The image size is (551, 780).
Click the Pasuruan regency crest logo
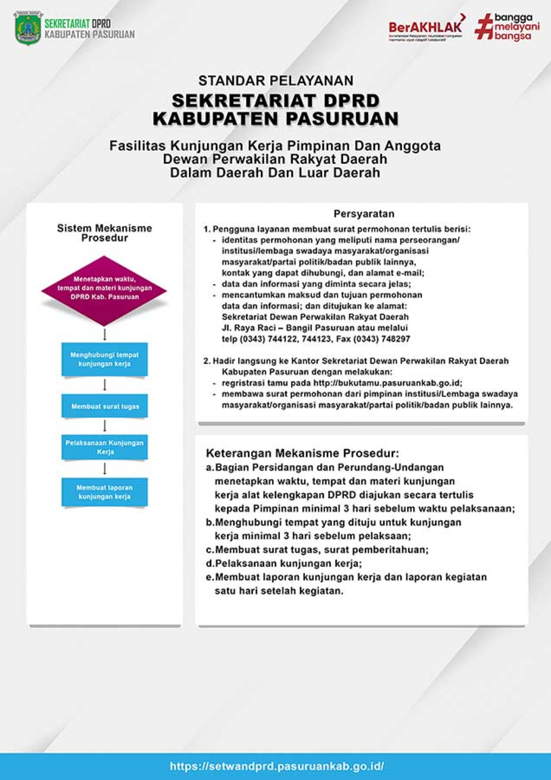point(28,29)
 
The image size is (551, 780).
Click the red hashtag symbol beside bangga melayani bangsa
point(484,26)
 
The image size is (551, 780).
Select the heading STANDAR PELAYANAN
point(276,80)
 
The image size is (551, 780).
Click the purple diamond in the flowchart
point(104,290)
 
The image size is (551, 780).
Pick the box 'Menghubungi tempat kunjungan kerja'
point(104,359)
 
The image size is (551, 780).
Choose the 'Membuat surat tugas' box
point(104,406)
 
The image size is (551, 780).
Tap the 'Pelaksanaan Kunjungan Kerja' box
point(104,447)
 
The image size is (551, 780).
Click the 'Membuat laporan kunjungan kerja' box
point(104,492)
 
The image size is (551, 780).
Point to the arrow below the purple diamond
point(105,334)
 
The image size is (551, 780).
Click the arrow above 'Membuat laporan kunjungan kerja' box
point(105,468)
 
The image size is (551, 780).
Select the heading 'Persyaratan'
point(364,214)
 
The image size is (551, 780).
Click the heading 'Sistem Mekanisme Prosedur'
point(104,233)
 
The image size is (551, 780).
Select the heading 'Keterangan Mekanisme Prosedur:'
point(302,453)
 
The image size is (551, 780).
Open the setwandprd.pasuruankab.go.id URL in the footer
point(277,766)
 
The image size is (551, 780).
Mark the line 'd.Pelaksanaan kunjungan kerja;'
point(284,563)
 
